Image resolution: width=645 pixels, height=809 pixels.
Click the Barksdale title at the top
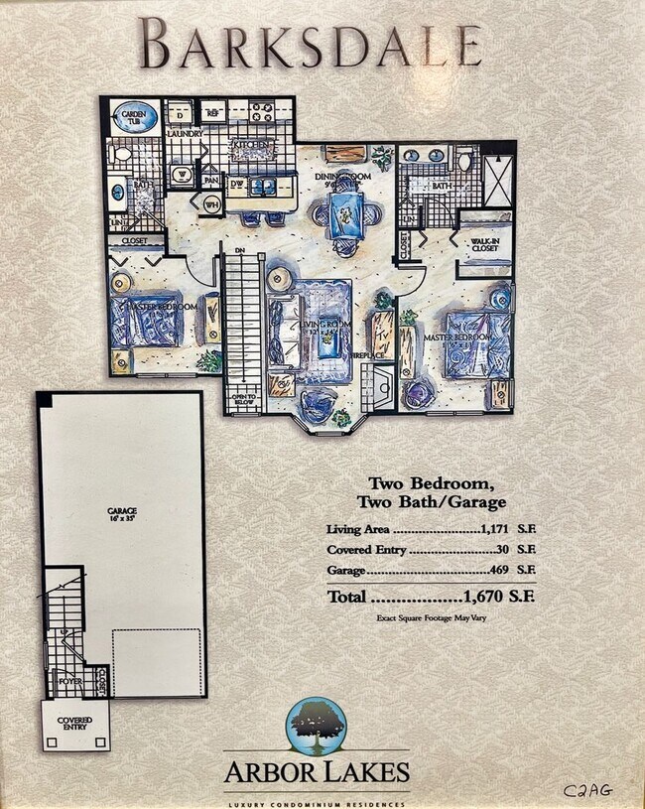pyautogui.click(x=311, y=45)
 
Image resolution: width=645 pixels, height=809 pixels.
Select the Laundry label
pyautogui.click(x=184, y=133)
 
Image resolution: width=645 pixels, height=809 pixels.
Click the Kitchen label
pyautogui.click(x=251, y=146)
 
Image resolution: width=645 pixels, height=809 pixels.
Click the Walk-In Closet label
pyautogui.click(x=485, y=244)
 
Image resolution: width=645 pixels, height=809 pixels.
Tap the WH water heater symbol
pyautogui.click(x=211, y=204)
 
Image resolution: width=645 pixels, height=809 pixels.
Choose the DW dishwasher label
pyautogui.click(x=236, y=184)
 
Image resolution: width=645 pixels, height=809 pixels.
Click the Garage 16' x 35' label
pyautogui.click(x=123, y=515)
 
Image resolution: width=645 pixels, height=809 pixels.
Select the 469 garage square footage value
pyautogui.click(x=500, y=571)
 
